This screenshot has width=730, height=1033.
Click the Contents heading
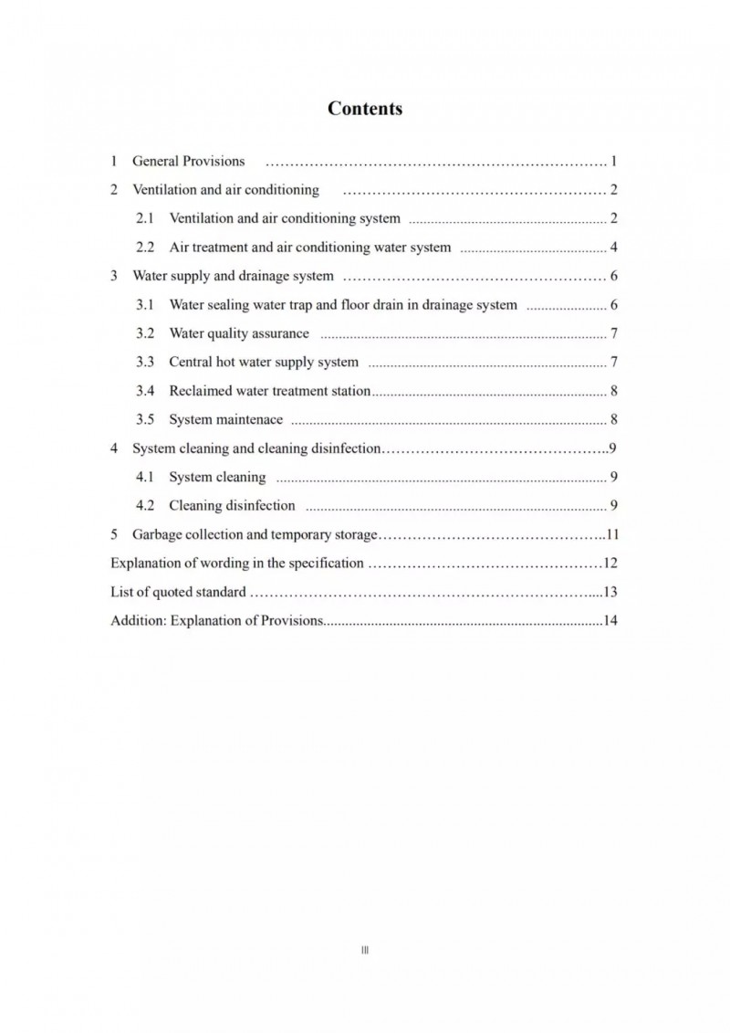(365, 109)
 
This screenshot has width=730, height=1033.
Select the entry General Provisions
(189, 162)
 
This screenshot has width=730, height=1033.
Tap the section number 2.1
(146, 218)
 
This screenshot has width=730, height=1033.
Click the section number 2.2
(146, 248)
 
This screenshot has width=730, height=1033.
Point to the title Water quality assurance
(239, 333)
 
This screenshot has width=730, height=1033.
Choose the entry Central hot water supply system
(264, 363)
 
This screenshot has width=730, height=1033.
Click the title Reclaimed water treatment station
(269, 391)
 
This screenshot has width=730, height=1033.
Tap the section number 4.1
(146, 477)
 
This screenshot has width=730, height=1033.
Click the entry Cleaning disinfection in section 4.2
(232, 505)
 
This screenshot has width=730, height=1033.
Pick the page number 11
(612, 534)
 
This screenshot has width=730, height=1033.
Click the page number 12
(611, 563)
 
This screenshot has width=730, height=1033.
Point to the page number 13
(611, 592)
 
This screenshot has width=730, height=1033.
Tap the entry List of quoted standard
(178, 592)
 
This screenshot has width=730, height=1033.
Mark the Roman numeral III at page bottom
(365, 950)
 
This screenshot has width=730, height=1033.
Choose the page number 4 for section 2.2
(615, 248)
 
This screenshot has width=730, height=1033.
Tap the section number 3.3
(146, 363)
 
